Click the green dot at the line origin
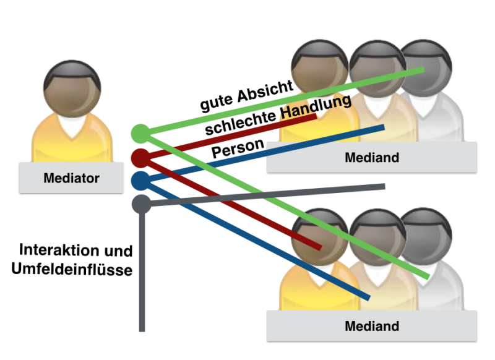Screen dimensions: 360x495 tap(140, 132)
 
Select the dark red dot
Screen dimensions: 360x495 tap(140, 157)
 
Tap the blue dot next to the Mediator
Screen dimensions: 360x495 tap(140, 181)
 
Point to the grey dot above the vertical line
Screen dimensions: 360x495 tap(141, 203)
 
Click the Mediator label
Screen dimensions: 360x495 tap(72, 179)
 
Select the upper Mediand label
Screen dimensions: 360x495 tap(372, 157)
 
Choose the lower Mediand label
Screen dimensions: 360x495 tap(372, 326)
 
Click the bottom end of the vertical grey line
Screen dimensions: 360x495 tap(142, 330)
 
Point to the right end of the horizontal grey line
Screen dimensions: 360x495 tap(384, 186)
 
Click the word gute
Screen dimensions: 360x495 tap(214, 102)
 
